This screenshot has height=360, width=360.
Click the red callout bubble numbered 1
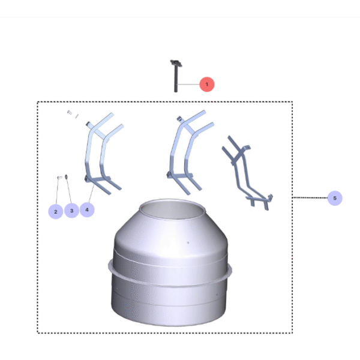[206, 85]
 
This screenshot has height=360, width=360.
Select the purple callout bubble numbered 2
[55, 211]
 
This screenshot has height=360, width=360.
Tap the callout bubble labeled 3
[71, 211]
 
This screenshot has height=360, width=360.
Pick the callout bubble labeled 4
[87, 210]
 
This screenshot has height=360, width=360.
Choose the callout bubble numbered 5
[335, 198]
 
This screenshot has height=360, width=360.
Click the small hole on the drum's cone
[187, 243]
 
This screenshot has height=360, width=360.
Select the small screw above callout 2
[59, 178]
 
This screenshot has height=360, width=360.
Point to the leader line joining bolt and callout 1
[189, 85]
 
